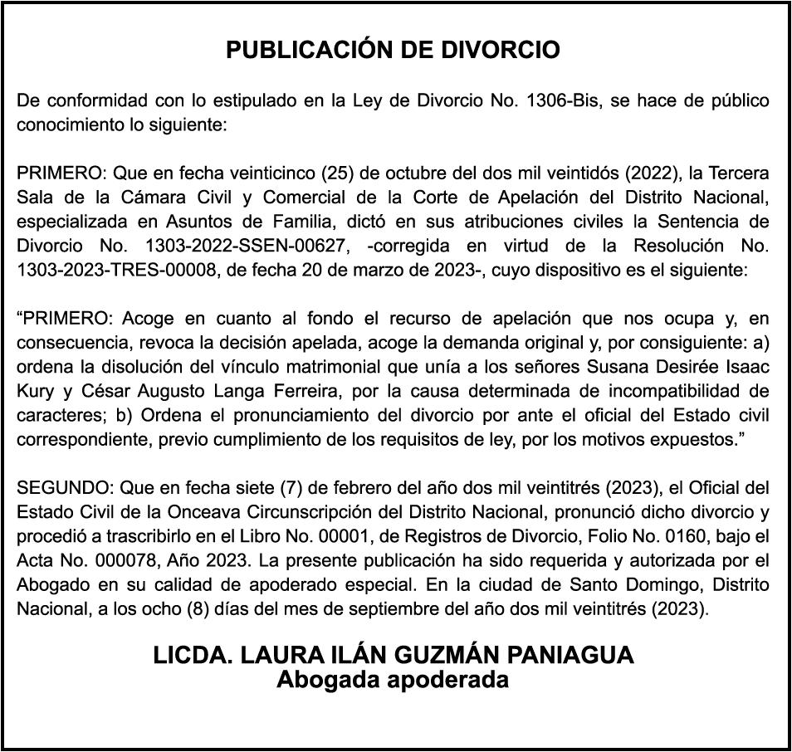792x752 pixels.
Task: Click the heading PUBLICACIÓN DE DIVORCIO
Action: click(394, 51)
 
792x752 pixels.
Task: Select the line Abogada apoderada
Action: click(393, 680)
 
